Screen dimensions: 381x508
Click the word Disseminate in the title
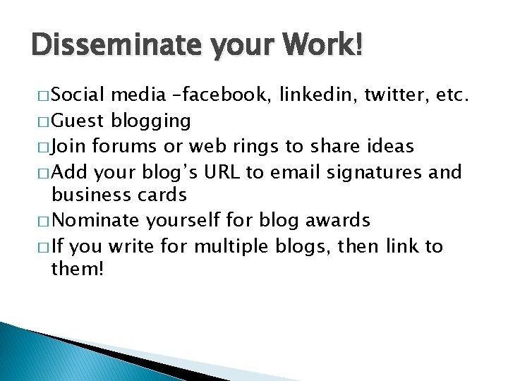112,46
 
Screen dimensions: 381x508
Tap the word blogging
151,121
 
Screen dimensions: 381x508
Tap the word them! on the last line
78,270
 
